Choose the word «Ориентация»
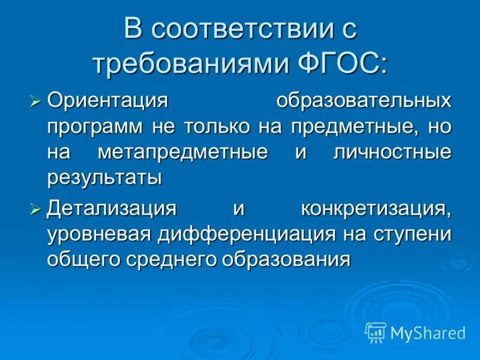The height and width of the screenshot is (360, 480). coord(107,100)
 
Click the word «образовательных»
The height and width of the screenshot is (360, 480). coord(364,100)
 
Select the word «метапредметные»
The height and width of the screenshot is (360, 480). coord(182,152)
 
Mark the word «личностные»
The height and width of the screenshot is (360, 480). coord(392,152)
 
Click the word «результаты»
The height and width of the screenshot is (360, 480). coord(105,178)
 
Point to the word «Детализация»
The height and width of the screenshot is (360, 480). coord(112,209)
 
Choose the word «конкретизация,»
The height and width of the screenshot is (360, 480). coord(376,209)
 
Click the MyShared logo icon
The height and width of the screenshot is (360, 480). coord(376,332)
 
